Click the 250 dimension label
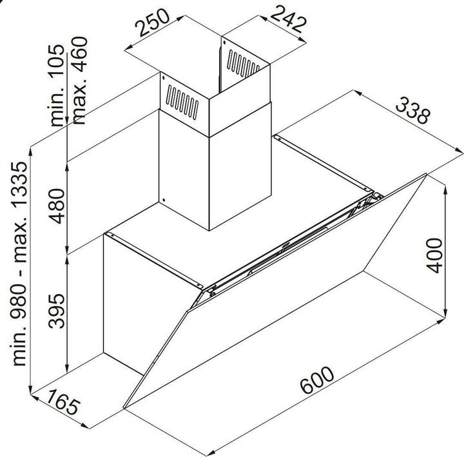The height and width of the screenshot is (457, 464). [153, 23]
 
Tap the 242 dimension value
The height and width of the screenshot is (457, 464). [287, 19]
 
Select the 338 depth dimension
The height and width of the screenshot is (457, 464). [413, 110]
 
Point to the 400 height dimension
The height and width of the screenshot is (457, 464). [434, 255]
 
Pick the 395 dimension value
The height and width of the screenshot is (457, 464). [56, 311]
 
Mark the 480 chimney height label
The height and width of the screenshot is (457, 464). [56, 206]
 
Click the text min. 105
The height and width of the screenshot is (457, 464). [56, 85]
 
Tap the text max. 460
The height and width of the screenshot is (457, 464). [79, 80]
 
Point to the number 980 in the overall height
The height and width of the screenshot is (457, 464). [19, 301]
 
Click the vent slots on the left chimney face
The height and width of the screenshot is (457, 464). [182, 102]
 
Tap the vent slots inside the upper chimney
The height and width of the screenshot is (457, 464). [243, 64]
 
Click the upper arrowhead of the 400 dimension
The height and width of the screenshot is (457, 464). [445, 190]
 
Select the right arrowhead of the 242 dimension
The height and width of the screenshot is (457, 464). [302, 40]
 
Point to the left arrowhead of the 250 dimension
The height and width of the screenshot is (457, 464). [128, 48]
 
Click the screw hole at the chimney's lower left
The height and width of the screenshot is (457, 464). [164, 200]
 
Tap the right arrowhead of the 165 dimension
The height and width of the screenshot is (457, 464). [84, 425]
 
